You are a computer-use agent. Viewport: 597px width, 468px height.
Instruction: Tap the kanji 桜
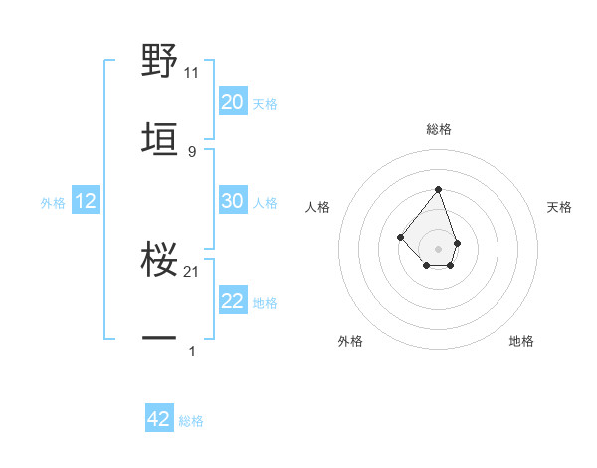(160, 259)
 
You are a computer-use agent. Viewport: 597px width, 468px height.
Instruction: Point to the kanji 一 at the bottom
(160, 339)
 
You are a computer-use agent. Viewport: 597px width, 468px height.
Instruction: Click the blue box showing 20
(233, 101)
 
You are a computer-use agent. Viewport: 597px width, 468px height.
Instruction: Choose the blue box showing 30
(233, 201)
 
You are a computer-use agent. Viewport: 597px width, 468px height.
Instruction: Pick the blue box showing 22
(233, 301)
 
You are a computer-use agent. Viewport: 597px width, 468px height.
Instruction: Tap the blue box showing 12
(86, 201)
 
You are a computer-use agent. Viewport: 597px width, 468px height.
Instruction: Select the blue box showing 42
(159, 419)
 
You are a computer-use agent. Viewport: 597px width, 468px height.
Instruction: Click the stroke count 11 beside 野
(192, 73)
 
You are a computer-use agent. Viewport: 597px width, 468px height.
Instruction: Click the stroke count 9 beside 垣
(192, 151)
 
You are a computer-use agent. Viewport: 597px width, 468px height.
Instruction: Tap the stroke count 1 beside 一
(192, 351)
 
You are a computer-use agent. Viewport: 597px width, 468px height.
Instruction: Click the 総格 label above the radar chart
(438, 130)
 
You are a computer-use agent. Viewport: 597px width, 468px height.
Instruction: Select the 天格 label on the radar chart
(559, 207)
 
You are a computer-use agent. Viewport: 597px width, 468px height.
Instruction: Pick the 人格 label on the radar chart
(318, 207)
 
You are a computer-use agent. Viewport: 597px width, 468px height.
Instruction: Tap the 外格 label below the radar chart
(350, 342)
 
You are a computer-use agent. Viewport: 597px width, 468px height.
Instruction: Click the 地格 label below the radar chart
(521, 342)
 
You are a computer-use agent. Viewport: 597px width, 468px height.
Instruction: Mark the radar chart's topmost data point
(438, 189)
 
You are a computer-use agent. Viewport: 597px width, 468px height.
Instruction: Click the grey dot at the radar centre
(438, 249)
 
